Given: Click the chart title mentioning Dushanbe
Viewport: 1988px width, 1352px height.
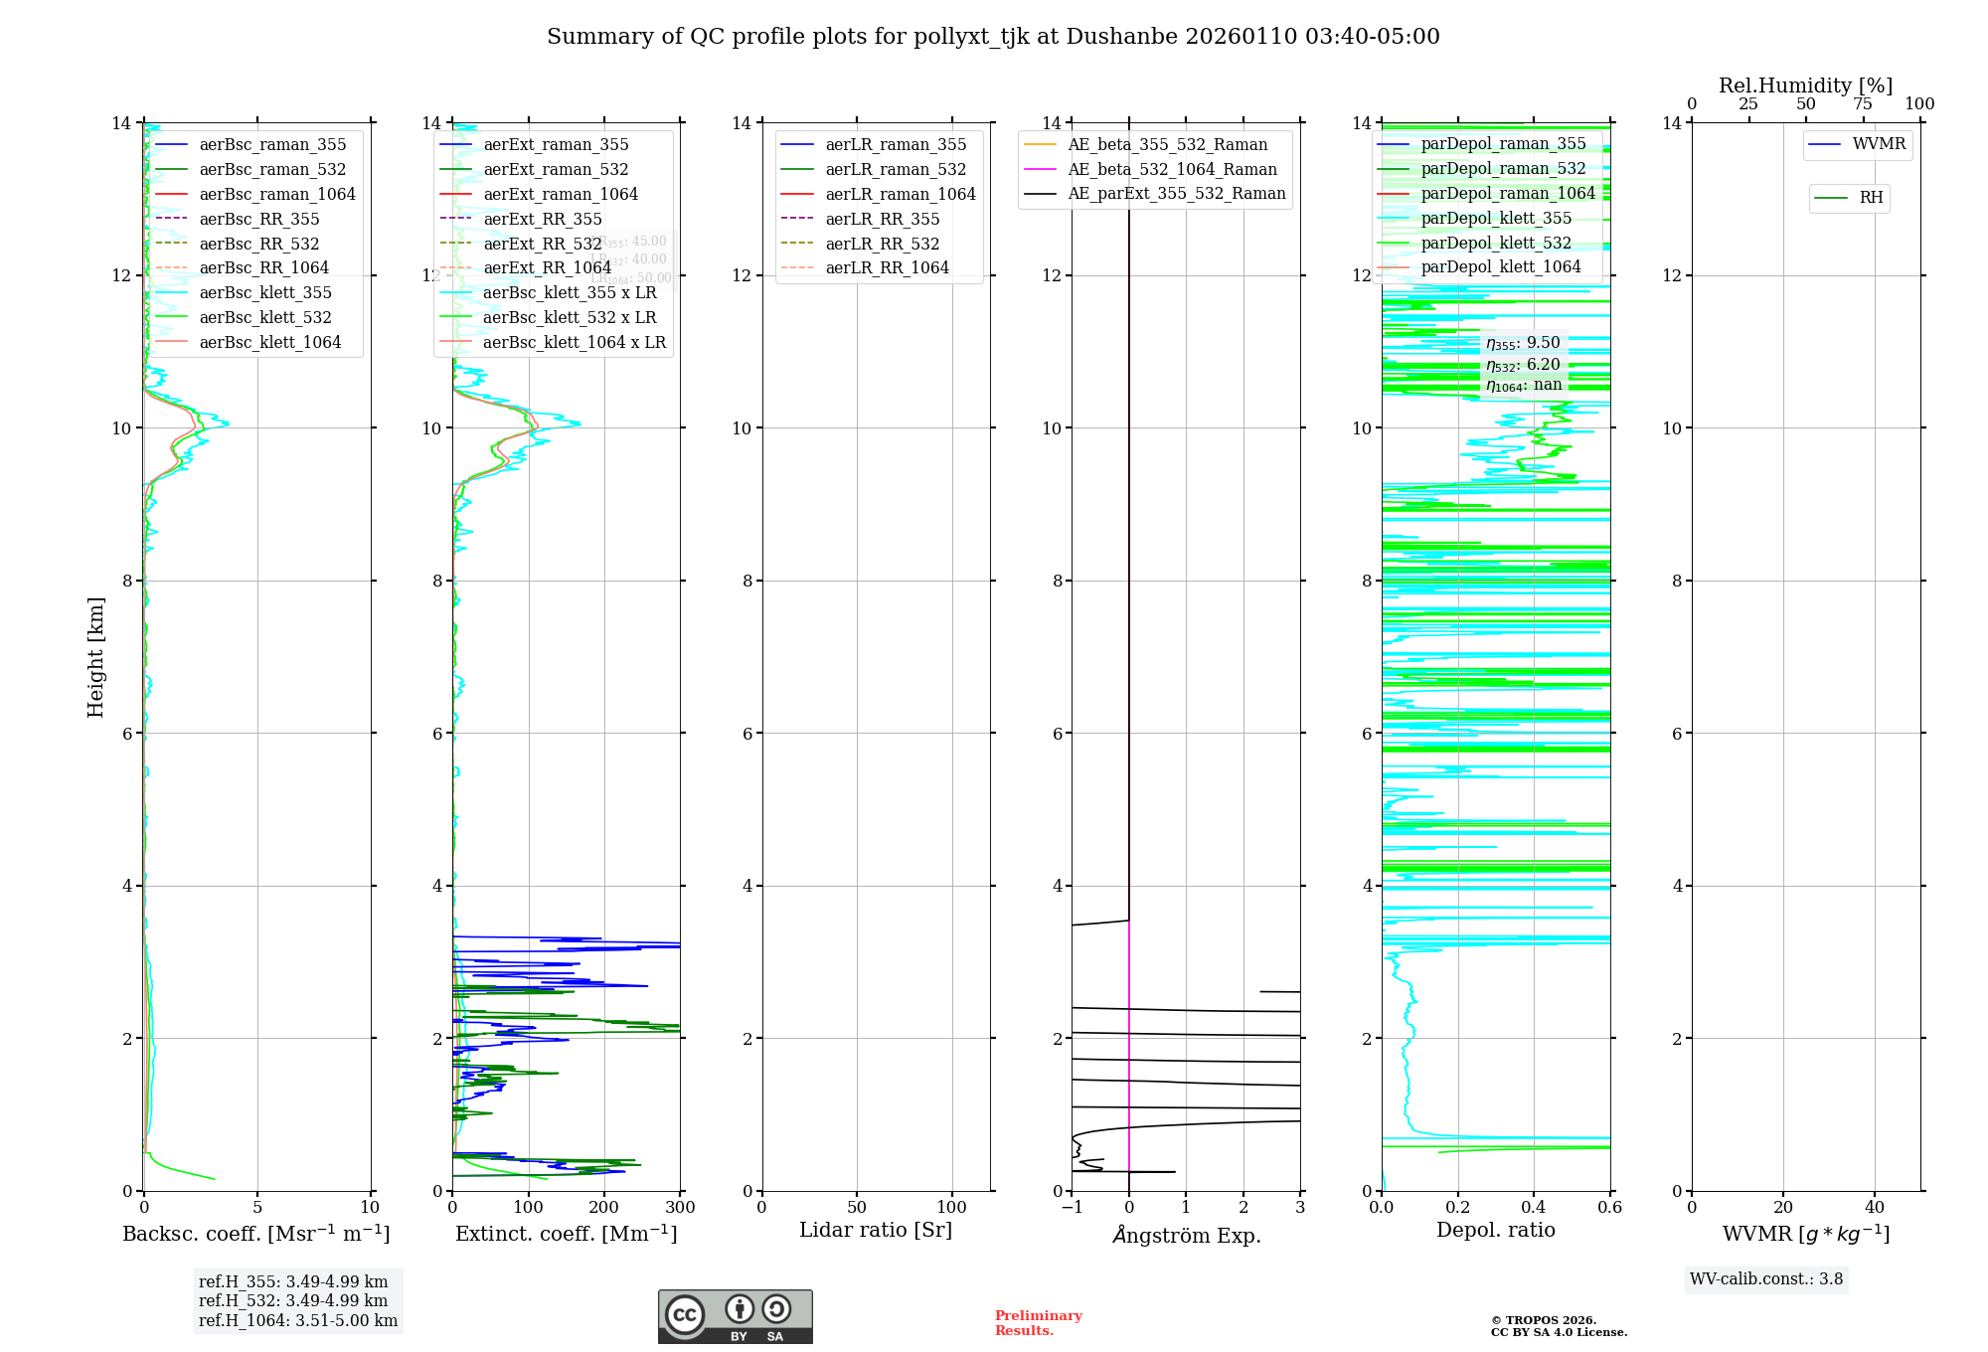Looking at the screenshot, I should click(993, 37).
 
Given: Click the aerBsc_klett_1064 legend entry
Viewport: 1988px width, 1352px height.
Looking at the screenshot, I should click(269, 342).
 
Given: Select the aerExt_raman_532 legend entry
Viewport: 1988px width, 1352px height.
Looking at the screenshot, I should click(556, 169).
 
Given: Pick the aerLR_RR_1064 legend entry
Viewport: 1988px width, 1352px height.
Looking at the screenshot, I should click(887, 267).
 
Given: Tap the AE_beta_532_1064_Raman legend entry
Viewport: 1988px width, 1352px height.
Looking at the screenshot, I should click(1172, 169).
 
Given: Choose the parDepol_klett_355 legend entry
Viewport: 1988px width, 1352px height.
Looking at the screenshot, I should click(1496, 218).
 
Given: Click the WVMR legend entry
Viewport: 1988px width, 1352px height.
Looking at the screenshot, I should click(1879, 144).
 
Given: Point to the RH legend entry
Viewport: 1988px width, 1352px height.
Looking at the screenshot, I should click(1871, 198).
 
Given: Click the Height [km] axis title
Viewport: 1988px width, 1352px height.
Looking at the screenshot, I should click(95, 657).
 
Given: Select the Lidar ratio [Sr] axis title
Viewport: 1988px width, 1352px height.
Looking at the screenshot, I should click(876, 1231).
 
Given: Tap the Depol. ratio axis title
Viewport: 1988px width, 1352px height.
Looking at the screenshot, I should click(1495, 1231).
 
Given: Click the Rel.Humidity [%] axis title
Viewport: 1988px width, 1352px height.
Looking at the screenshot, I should click(1805, 85).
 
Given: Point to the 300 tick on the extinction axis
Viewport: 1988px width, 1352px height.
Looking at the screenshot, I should click(680, 1208).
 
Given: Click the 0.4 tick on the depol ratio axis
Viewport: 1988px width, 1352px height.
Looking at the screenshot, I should click(1534, 1208).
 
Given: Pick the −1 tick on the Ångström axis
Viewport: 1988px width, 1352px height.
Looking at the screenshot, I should click(1072, 1208).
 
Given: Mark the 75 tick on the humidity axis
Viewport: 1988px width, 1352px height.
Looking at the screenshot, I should click(1863, 104).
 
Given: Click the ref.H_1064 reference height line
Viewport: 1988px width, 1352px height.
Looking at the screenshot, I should click(298, 1320).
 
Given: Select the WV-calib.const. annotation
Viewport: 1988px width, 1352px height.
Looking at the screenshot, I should click(1766, 1279).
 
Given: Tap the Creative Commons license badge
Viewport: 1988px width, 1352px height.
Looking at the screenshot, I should click(735, 1316).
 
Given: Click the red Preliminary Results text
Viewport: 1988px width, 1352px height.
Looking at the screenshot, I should click(1038, 1323).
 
